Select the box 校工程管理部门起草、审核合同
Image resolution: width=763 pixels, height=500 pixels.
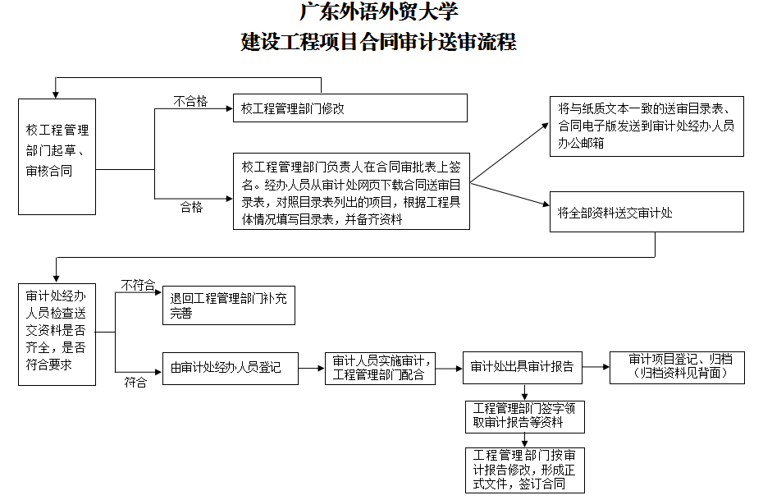coord(57,156)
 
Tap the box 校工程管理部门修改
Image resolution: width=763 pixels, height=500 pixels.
coord(350,108)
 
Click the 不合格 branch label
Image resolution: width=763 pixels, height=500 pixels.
coord(190,102)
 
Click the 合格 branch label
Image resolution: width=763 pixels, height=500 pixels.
coord(191,208)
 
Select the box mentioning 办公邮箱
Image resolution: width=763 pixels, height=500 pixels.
coord(646,126)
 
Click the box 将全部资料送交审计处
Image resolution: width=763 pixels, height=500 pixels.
coord(646,213)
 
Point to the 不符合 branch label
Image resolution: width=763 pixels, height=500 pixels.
coord(138,285)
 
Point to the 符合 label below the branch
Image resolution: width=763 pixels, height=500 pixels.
coord(135,382)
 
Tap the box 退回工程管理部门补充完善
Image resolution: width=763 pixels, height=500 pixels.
coord(227,305)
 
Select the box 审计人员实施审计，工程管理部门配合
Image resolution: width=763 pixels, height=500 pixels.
coord(380,367)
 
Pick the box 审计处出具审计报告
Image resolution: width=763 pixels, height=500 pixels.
coord(523,367)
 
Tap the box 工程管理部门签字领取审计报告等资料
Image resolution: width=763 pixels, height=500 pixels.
coord(524,415)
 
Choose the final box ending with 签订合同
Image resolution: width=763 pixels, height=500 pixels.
coord(524,470)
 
